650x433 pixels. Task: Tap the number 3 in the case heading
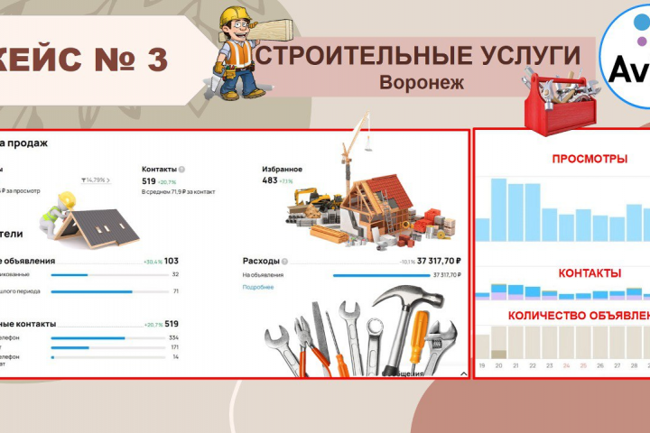pyautogui.click(x=154, y=60)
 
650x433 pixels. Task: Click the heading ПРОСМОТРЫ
pyautogui.click(x=590, y=159)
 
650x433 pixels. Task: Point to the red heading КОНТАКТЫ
pyautogui.click(x=590, y=272)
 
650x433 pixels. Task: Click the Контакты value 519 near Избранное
pyautogui.click(x=149, y=180)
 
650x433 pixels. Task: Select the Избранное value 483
pyautogui.click(x=269, y=180)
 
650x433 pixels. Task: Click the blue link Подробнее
pyautogui.click(x=257, y=287)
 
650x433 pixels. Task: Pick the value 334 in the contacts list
pyautogui.click(x=173, y=337)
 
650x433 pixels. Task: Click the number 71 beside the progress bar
pyautogui.click(x=175, y=291)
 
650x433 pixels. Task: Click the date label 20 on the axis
pyautogui.click(x=498, y=365)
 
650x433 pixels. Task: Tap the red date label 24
pyautogui.click(x=566, y=365)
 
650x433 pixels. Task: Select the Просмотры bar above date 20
pyautogui.click(x=498, y=211)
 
